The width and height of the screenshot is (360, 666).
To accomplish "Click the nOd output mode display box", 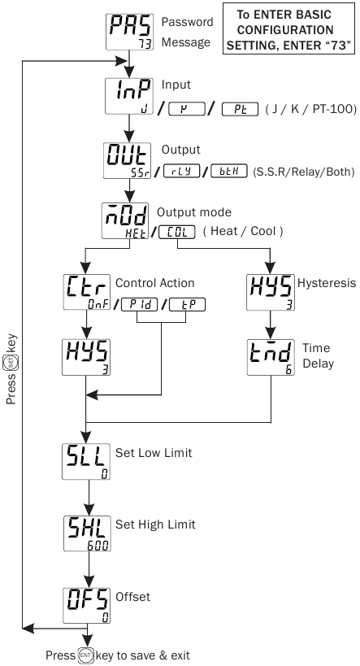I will [128, 221].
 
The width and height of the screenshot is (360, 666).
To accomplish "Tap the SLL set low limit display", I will [86, 463].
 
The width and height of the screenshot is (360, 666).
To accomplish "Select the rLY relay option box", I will [182, 172].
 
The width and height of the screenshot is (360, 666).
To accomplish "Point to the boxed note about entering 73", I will [289, 29].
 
